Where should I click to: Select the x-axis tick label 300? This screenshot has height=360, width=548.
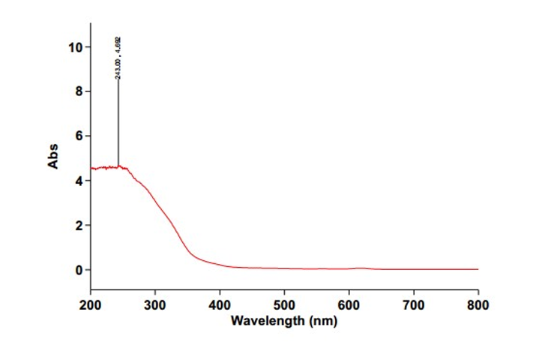point(155,305)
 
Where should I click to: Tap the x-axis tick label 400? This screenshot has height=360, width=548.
point(220,305)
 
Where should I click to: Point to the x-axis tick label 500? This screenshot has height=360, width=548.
point(284,305)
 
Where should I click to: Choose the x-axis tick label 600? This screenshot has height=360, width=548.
point(349,305)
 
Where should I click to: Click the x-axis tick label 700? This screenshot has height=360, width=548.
point(414,305)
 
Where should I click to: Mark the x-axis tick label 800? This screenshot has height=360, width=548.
point(478,305)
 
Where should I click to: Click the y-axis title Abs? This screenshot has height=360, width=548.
point(53,157)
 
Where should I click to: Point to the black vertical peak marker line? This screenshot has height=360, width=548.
point(118,120)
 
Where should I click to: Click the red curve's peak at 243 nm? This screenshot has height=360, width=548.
point(118,166)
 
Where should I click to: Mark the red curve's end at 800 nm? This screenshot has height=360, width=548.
point(478,269)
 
